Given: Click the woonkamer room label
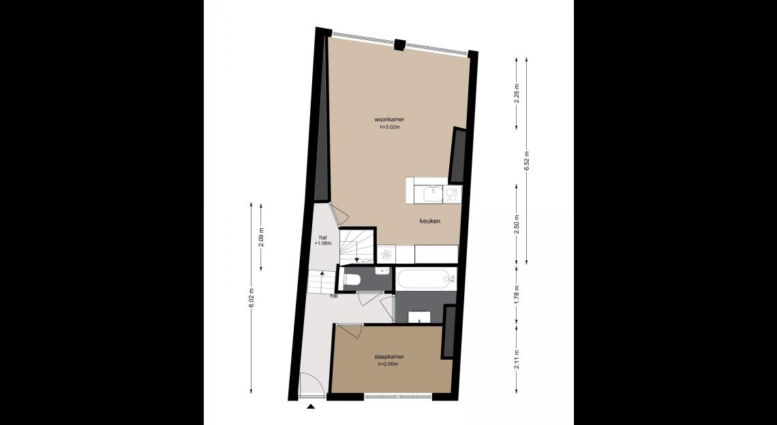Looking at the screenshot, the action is coord(389,119).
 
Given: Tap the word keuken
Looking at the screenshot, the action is coord(429,221).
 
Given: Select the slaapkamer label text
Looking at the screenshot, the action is coord(389,357).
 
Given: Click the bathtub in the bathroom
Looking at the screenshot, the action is coord(426,279).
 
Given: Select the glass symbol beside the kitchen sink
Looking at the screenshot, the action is coord(451,193).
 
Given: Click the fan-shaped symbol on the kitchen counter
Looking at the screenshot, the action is coord(387,255).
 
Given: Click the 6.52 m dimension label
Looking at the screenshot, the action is coord(526,161).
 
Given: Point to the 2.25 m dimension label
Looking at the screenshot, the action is coord(517,94).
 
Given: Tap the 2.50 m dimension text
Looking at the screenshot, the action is coord(517,225).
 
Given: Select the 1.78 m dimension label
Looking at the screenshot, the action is coord(517,295).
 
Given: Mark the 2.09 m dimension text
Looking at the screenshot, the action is coord(261,237).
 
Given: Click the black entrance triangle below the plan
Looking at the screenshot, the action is coord(311,407).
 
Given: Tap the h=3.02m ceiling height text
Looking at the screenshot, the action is coord(389,127).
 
